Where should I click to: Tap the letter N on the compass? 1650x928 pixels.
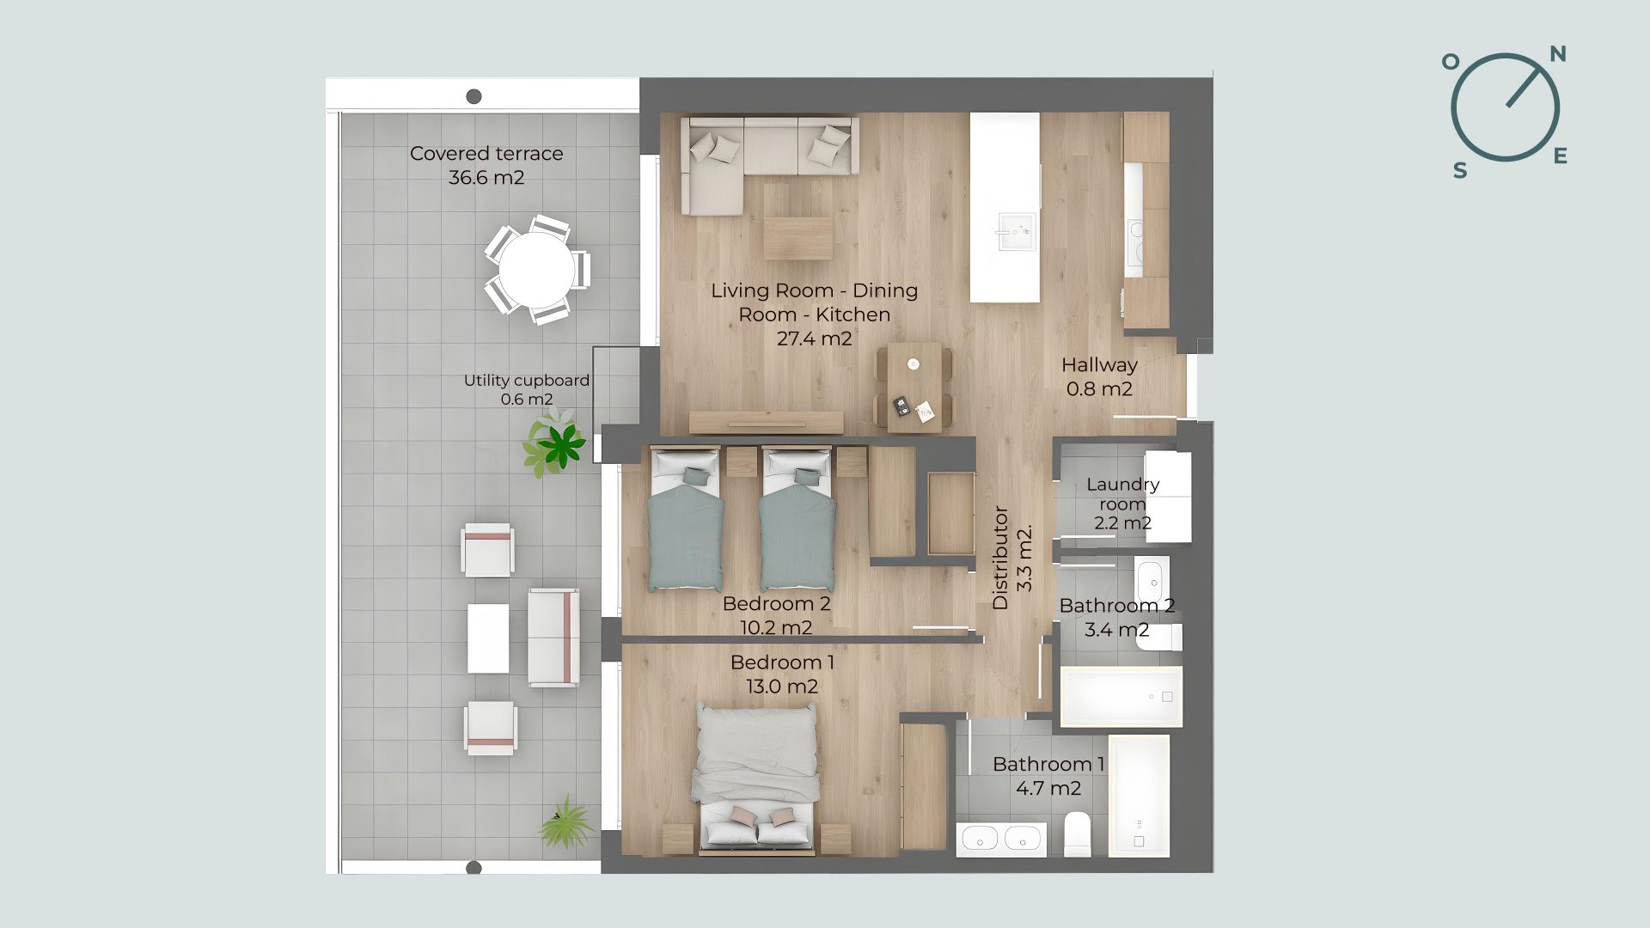click(x=1557, y=54)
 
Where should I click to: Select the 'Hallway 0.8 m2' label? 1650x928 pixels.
click(x=1099, y=376)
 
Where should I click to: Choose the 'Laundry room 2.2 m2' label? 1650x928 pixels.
click(x=1122, y=504)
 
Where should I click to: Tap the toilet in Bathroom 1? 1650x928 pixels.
click(x=1077, y=834)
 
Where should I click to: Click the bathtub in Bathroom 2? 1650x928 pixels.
click(x=1121, y=696)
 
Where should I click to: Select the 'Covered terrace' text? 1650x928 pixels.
click(x=486, y=154)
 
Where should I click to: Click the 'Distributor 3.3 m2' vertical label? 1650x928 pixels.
click(x=1011, y=558)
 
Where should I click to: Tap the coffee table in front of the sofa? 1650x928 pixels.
click(x=798, y=238)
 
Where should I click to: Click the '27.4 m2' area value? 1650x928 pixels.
click(x=814, y=339)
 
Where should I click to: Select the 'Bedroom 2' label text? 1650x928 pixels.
click(x=776, y=603)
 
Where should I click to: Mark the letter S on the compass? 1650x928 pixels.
click(x=1460, y=170)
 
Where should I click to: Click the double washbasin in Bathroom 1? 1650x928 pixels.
click(x=1001, y=839)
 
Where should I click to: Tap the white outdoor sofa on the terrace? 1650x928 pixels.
click(x=552, y=638)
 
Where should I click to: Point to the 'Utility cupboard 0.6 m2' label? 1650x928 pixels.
click(x=527, y=389)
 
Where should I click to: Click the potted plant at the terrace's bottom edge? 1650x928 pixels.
click(x=566, y=823)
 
